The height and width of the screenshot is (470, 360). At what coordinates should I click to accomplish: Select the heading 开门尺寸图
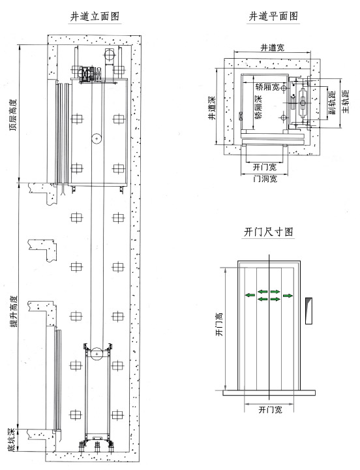click(x=267, y=232)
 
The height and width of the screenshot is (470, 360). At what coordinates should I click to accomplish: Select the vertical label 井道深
click(x=213, y=108)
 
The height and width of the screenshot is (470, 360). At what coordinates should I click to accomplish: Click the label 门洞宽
click(x=265, y=178)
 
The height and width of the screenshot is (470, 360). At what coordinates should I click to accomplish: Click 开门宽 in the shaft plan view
click(x=265, y=166)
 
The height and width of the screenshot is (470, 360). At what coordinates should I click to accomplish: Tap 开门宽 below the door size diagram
click(x=269, y=410)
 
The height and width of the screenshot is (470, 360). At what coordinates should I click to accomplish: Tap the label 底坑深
click(x=12, y=439)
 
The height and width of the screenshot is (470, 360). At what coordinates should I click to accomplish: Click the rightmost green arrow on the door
click(x=288, y=296)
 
